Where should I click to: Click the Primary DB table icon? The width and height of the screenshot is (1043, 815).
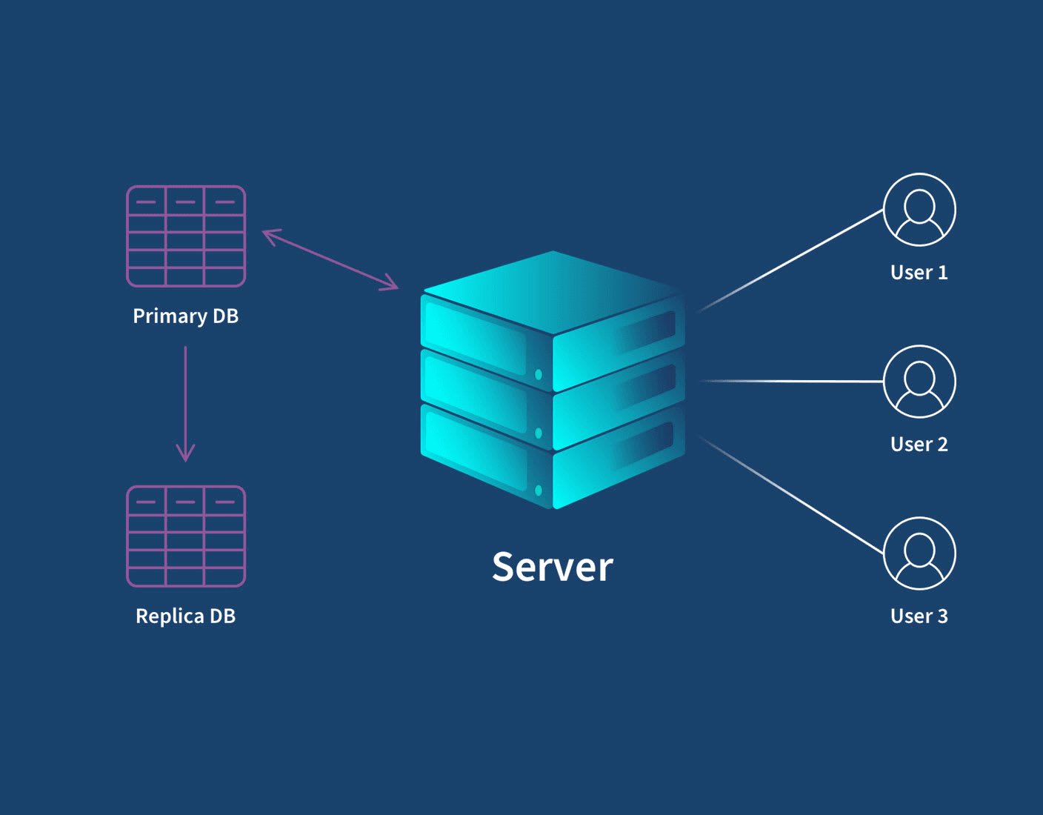(x=186, y=236)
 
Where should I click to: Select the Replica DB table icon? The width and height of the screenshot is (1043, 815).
(x=186, y=536)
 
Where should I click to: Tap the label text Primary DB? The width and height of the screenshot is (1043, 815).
(x=185, y=316)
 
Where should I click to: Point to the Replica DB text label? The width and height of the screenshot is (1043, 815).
(x=185, y=616)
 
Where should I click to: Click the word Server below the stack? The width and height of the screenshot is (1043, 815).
(x=553, y=568)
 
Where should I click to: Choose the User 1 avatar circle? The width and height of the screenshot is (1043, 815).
(x=919, y=210)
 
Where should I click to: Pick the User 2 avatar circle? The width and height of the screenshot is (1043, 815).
(x=919, y=382)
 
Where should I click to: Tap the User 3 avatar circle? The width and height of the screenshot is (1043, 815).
(x=919, y=553)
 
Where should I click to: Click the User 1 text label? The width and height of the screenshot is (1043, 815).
(x=919, y=273)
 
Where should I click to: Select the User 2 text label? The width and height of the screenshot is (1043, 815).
(x=919, y=445)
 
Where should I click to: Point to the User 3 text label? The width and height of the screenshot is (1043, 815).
(x=919, y=616)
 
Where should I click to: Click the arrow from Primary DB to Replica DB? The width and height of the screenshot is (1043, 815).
(x=185, y=400)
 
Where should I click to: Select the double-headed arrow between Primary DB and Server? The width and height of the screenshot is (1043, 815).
(x=330, y=259)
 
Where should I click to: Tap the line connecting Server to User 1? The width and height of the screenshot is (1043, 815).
(x=793, y=259)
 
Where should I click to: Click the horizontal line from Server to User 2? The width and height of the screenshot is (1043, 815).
(x=793, y=382)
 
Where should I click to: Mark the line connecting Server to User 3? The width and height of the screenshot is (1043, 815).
(x=793, y=496)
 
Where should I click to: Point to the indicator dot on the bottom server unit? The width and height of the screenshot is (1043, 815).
(x=539, y=490)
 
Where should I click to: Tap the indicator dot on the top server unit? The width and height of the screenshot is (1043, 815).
(x=539, y=375)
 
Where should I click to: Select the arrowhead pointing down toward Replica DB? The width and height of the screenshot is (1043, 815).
(x=185, y=453)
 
